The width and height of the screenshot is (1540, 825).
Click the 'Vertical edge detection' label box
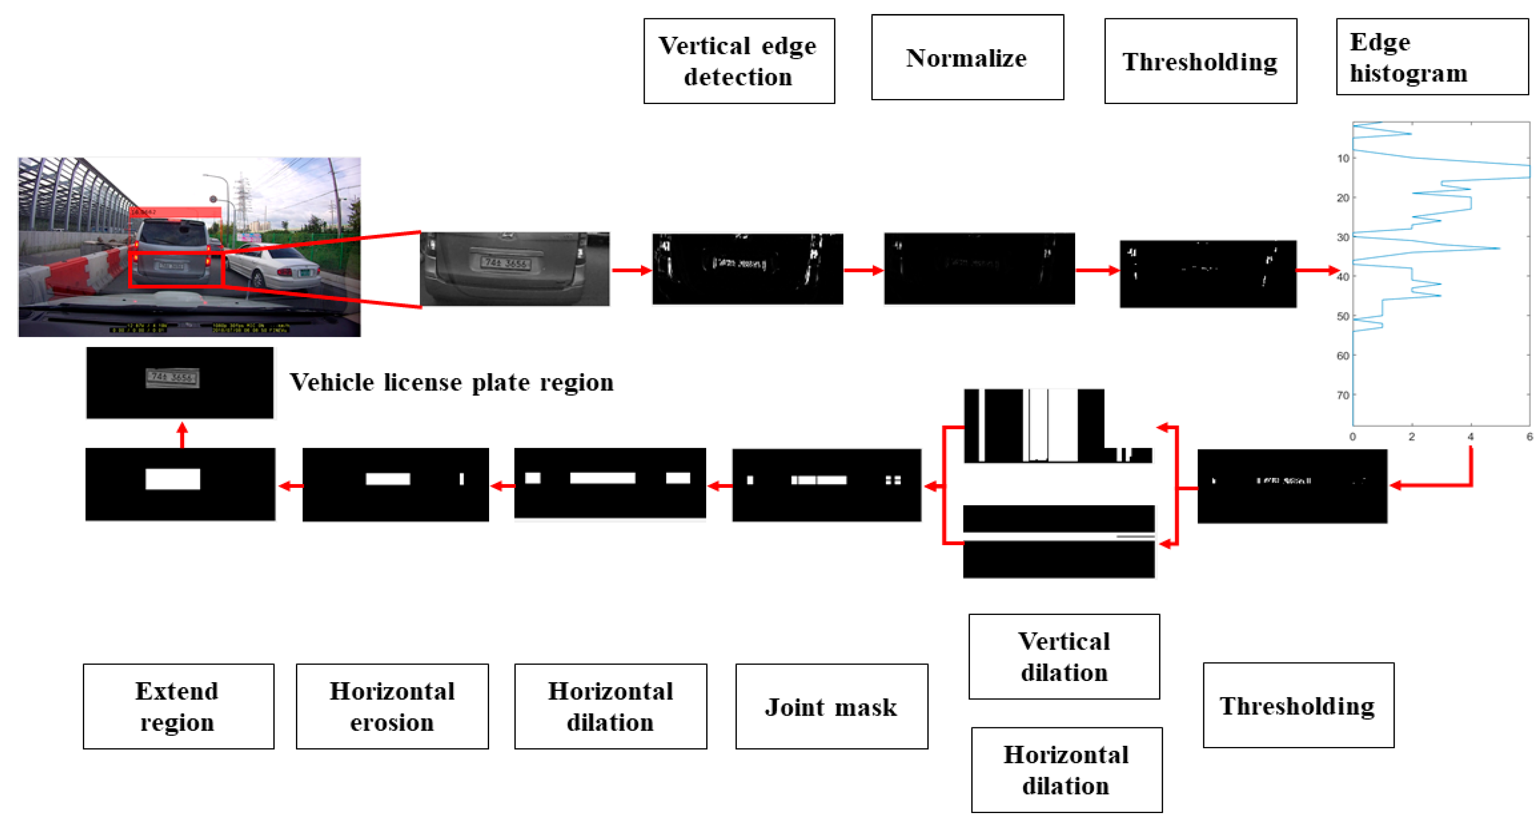(x=739, y=61)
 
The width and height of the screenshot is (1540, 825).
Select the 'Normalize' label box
(x=967, y=57)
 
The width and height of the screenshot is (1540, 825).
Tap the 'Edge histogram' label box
(x=1432, y=57)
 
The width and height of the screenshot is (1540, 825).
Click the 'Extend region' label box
(x=179, y=706)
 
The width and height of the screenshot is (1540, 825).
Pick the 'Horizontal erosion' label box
(x=392, y=706)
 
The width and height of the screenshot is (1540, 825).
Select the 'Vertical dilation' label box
(x=1064, y=657)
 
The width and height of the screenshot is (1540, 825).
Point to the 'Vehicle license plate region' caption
(x=452, y=382)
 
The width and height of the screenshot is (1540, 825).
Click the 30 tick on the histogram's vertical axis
(x=1343, y=237)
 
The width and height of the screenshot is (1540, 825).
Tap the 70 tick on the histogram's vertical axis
(x=1343, y=395)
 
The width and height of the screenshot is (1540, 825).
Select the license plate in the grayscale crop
(x=506, y=262)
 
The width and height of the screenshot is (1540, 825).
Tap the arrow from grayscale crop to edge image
(x=631, y=270)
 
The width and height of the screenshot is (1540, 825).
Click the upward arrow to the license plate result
(x=182, y=435)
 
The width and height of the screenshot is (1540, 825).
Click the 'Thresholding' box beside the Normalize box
(x=1200, y=61)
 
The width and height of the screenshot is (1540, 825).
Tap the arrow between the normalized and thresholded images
(x=1097, y=270)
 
